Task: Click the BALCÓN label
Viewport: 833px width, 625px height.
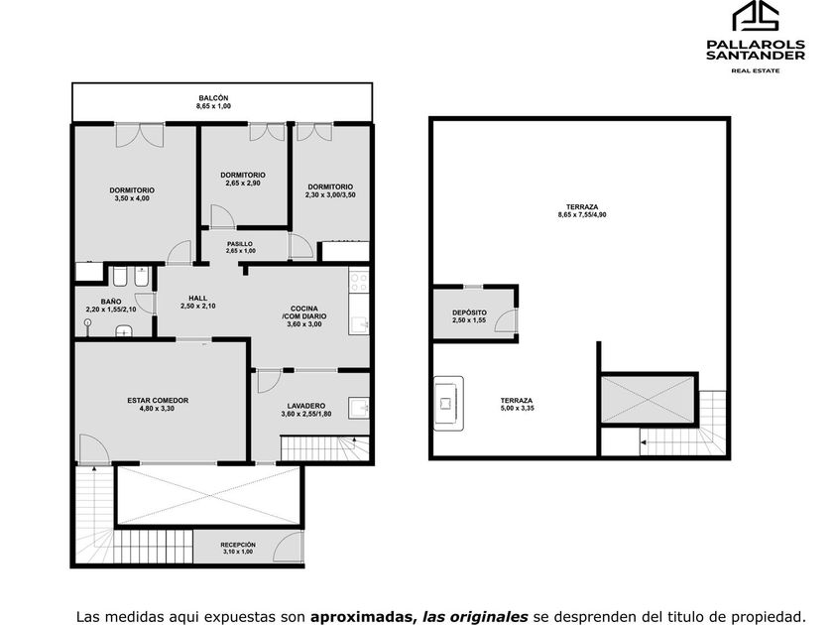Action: click(213, 98)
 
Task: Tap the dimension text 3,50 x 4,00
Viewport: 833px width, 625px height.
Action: click(132, 198)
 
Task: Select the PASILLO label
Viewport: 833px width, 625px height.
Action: click(240, 244)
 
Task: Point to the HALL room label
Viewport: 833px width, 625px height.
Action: click(197, 299)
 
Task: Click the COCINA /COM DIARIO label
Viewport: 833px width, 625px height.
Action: click(304, 312)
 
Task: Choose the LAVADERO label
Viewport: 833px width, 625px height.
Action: click(306, 406)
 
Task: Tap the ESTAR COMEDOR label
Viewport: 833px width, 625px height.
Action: click(158, 401)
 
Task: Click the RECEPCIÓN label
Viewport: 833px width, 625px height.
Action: click(238, 545)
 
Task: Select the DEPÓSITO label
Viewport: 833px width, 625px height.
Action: click(469, 313)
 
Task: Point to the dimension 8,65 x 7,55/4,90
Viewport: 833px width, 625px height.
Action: click(582, 215)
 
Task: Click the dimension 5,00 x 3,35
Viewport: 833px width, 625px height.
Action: click(516, 409)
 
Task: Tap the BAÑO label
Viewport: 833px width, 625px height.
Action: click(110, 302)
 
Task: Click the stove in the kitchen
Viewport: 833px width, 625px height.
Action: click(359, 280)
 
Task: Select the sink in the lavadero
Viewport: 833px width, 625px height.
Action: click(359, 408)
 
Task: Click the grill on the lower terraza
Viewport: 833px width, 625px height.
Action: click(448, 404)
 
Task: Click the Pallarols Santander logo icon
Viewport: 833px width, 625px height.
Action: click(756, 16)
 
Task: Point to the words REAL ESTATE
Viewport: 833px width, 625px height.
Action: click(756, 70)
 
